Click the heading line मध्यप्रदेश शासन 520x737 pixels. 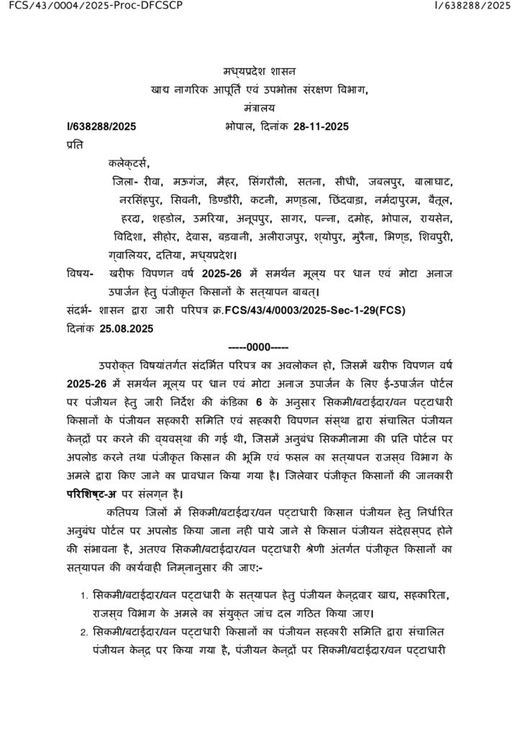(259, 71)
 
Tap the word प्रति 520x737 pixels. (74, 145)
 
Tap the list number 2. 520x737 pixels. (84, 633)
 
